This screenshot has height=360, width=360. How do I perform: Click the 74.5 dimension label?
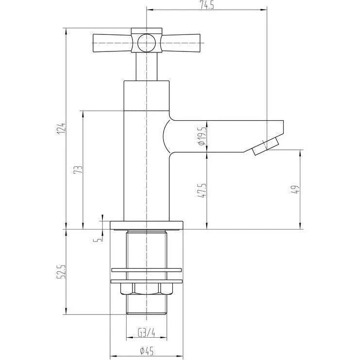tap(207, 5)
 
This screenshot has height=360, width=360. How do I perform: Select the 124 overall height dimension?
tap(62, 129)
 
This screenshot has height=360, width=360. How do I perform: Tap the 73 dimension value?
tap(78, 170)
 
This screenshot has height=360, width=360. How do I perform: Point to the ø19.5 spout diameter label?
tap(201, 136)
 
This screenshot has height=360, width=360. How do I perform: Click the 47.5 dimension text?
tap(201, 190)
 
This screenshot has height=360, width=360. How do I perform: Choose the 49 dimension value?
tap(296, 190)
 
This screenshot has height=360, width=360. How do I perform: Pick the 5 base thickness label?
tap(98, 240)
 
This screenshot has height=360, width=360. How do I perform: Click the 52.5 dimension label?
tap(62, 272)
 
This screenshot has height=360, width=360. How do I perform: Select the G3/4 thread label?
tap(147, 332)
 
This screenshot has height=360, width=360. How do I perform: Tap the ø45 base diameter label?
tap(147, 351)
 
